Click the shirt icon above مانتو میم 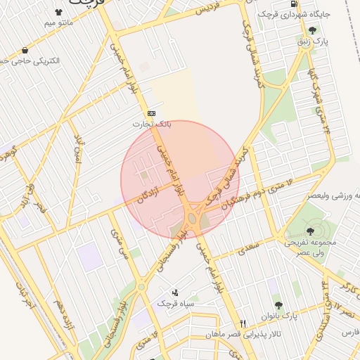click(57, 12)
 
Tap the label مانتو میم click(58, 23)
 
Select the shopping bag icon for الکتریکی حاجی click(25, 51)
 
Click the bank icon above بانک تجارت click(151, 113)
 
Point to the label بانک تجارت click(152, 124)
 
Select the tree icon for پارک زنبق click(311, 30)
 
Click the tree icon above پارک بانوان click(278, 305)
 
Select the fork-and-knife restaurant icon click(243, 323)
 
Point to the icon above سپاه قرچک click(175, 292)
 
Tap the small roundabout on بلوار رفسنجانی click(142, 286)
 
